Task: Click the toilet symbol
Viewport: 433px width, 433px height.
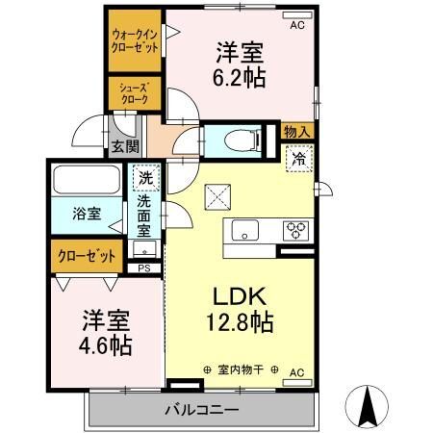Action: click(243, 140)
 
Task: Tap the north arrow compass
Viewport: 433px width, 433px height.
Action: click(367, 406)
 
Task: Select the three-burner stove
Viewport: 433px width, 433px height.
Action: click(295, 231)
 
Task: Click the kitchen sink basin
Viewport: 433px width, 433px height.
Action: click(245, 230)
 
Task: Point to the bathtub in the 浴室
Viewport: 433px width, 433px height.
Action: click(87, 179)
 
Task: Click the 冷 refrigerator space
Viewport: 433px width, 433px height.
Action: click(299, 159)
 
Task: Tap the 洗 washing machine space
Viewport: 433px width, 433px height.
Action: click(146, 177)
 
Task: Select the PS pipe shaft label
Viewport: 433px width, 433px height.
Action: click(144, 268)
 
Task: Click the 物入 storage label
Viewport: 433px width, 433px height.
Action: click(297, 132)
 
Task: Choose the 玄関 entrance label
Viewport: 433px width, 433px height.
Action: click(125, 146)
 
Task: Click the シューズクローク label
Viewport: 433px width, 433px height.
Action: click(135, 93)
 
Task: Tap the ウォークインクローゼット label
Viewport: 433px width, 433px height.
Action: click(135, 41)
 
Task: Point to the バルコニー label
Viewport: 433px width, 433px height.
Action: click(202, 410)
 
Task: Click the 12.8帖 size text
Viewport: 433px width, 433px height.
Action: click(240, 321)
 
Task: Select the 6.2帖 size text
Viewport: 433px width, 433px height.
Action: click(240, 78)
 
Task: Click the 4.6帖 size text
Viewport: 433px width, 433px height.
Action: click(106, 345)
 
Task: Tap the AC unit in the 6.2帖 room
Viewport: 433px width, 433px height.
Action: click(297, 15)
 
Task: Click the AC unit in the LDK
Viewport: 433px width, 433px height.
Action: click(297, 382)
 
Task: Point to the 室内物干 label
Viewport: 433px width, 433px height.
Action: click(241, 369)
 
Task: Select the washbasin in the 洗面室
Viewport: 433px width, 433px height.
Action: click(144, 249)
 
